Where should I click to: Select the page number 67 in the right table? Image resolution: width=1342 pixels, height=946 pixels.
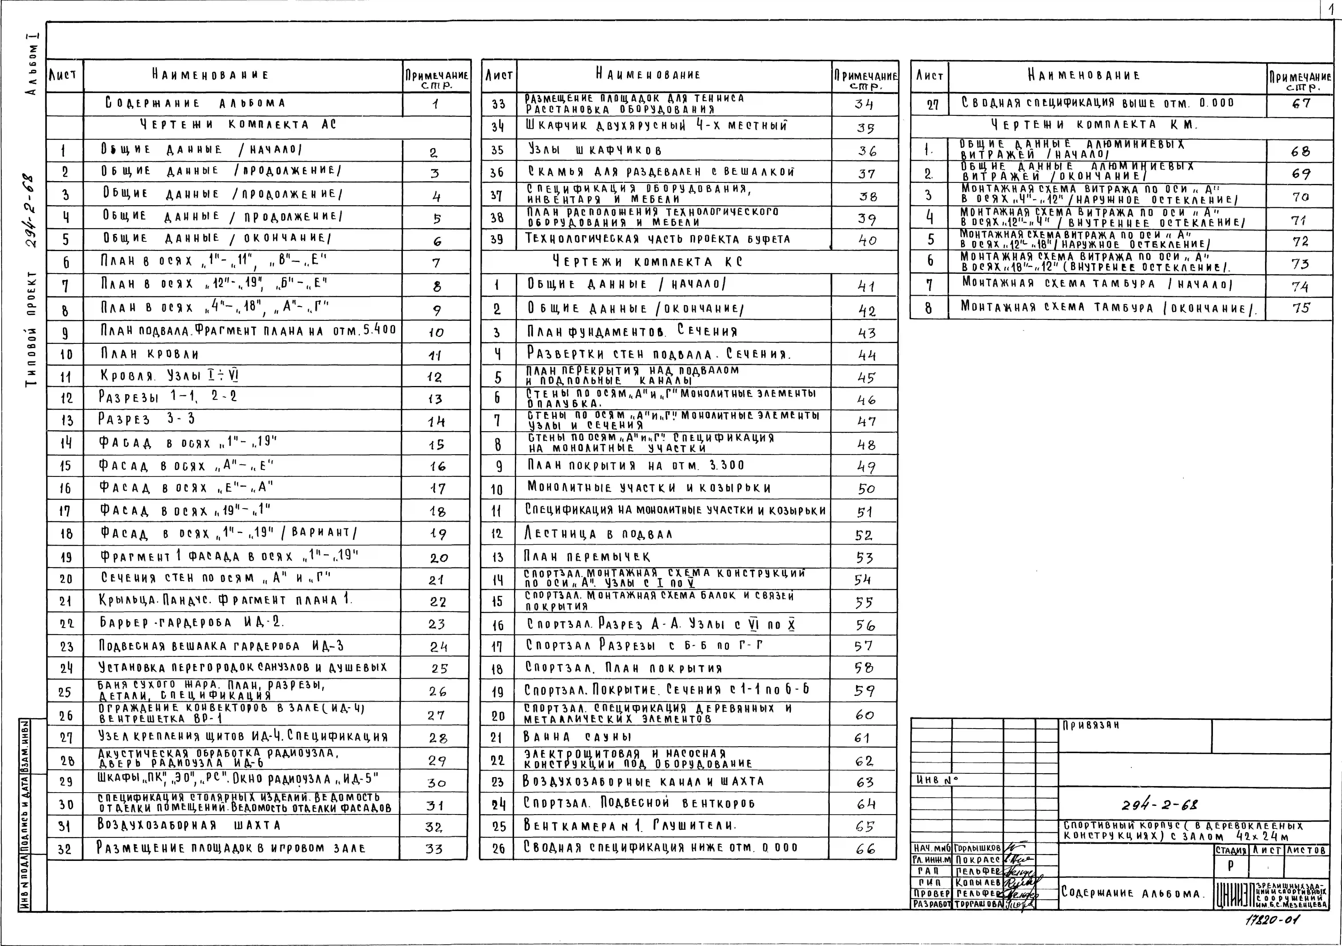click(x=1301, y=103)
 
